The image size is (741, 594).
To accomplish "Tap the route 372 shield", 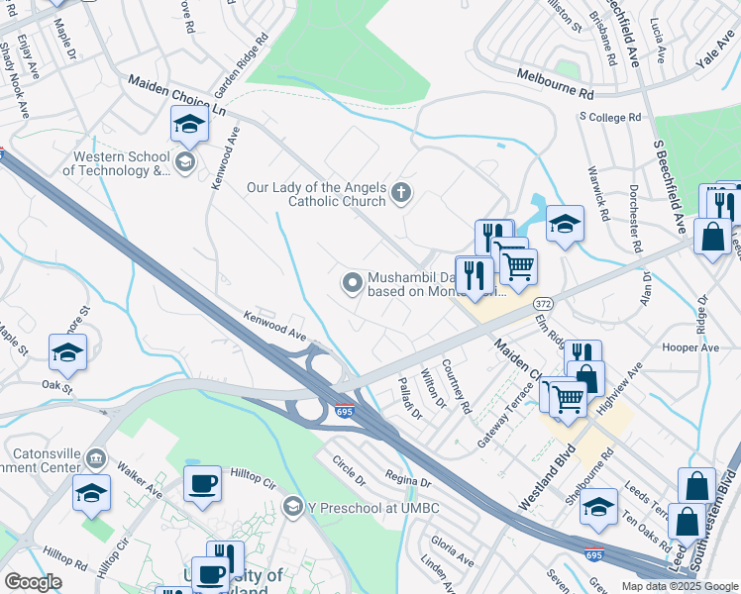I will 542,301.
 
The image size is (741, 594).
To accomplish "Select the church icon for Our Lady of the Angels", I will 401,192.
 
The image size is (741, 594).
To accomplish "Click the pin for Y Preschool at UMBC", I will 292,508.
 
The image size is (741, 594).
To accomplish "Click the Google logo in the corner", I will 34,582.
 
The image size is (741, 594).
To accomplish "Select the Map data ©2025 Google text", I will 680,586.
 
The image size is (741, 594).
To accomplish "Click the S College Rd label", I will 610,117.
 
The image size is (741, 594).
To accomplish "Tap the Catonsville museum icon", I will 96,458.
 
